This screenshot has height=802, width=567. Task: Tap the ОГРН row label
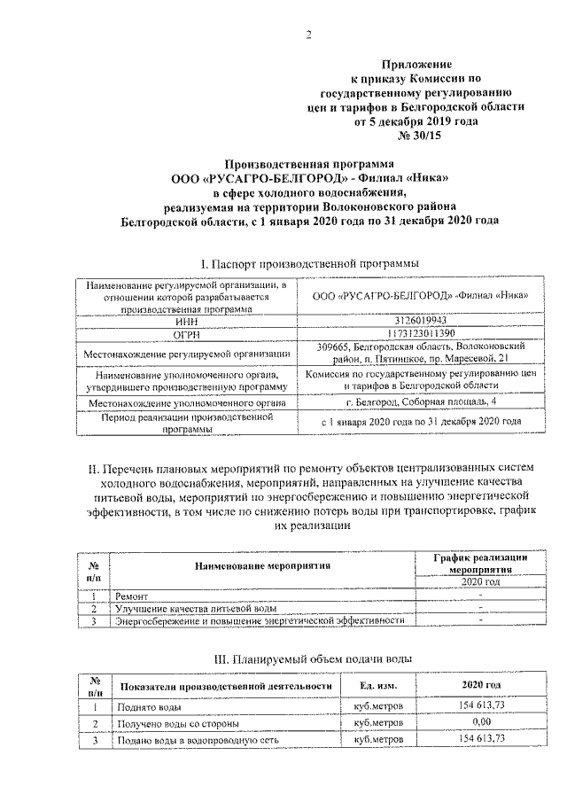tap(186, 335)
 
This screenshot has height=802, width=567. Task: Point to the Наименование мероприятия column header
tap(263, 565)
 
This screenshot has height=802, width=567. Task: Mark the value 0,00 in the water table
tap(481, 723)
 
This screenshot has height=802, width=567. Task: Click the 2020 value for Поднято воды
tap(481, 706)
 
